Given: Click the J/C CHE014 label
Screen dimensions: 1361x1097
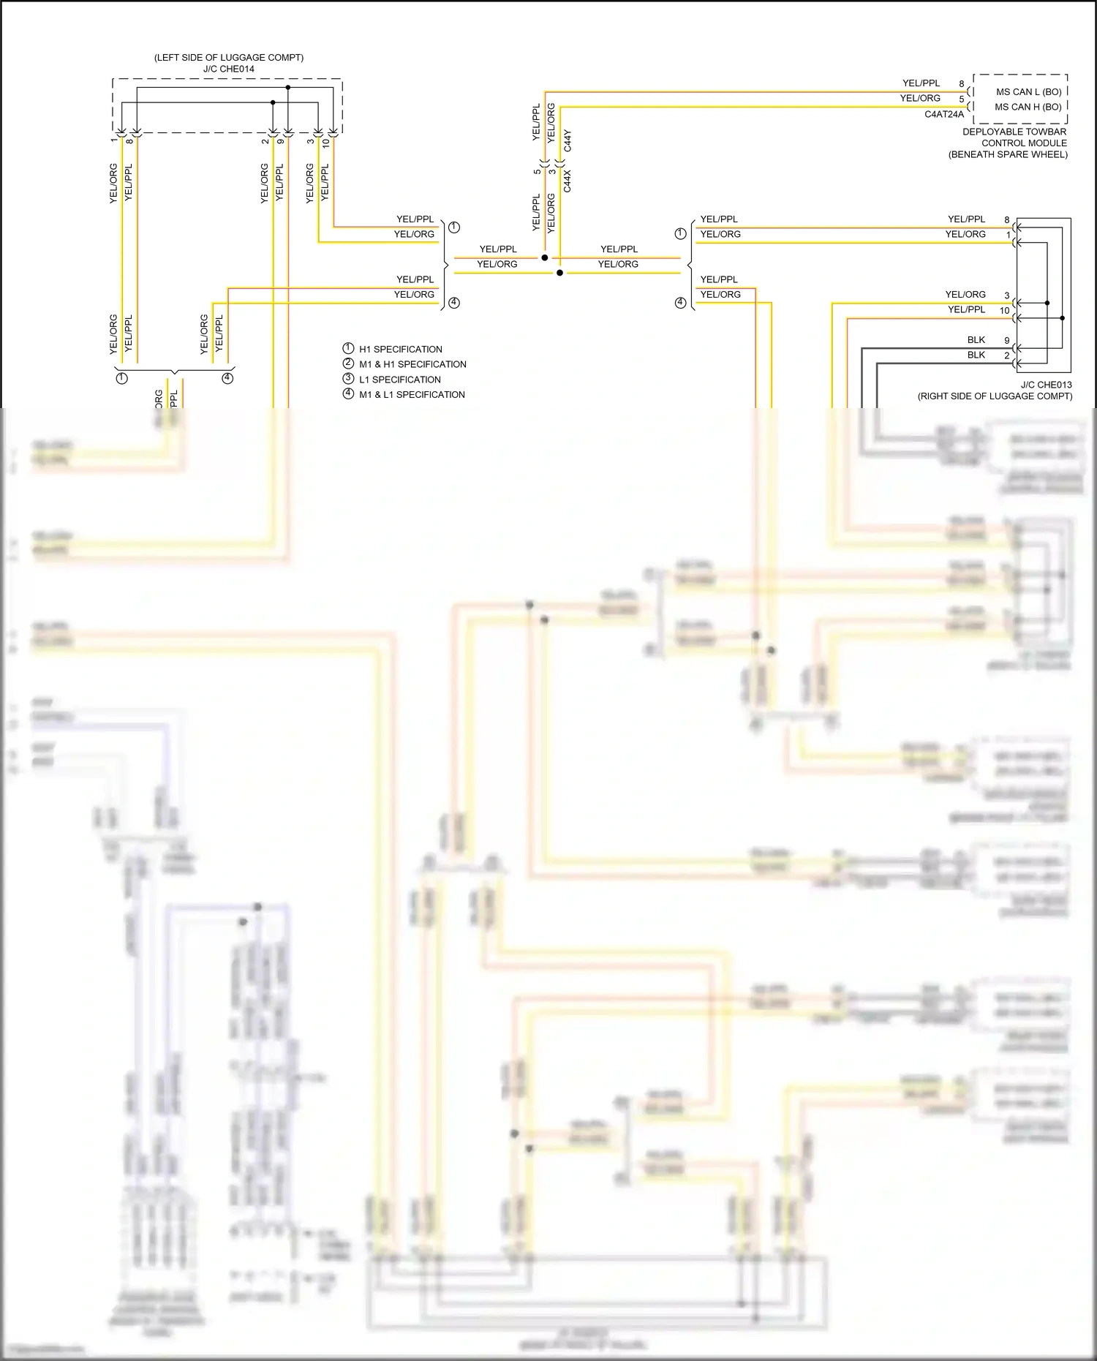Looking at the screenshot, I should (x=228, y=69).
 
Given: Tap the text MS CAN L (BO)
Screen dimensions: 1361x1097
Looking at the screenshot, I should (x=1028, y=92).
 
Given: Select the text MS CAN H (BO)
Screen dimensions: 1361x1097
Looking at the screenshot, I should (x=1028, y=107).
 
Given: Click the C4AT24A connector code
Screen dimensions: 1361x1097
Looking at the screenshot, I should (x=943, y=114).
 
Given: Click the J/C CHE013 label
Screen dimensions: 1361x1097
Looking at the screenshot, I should (x=1046, y=385).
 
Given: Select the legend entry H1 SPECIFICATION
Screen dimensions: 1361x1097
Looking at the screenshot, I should (x=400, y=349).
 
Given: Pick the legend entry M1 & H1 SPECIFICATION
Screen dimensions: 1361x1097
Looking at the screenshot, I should (x=412, y=364).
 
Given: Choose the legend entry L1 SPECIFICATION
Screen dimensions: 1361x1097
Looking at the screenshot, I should (x=399, y=380).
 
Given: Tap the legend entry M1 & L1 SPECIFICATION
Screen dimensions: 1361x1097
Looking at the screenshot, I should (x=412, y=394).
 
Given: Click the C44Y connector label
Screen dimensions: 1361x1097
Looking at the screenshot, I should (x=568, y=141).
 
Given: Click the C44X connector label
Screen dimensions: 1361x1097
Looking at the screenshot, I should (x=568, y=181).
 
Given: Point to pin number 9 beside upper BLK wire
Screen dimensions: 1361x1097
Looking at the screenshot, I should (x=1006, y=341).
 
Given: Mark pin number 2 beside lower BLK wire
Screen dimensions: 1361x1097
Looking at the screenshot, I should (x=1006, y=356).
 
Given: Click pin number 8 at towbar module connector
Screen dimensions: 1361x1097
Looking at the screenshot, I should (x=962, y=84).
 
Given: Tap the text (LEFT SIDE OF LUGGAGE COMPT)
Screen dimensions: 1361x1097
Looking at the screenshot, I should (x=228, y=57).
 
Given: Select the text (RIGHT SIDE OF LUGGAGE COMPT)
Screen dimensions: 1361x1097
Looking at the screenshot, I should (x=995, y=396).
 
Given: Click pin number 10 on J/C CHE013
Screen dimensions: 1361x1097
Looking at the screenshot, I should (x=1004, y=311).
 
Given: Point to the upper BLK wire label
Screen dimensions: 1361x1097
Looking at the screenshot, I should (x=976, y=340).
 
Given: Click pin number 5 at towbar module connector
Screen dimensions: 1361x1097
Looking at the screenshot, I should (x=962, y=99).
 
